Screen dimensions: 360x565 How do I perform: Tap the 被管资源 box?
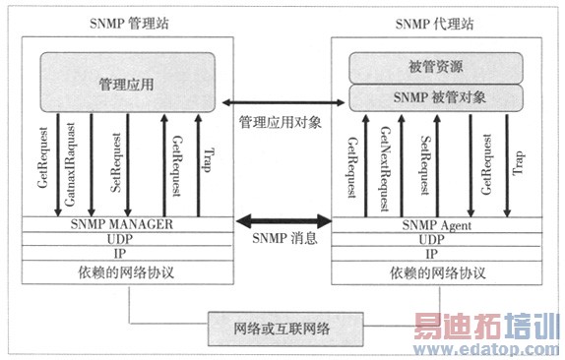pos(435,68)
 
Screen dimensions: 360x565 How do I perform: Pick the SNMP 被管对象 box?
pos(435,98)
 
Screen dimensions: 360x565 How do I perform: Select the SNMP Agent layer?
pos(434,225)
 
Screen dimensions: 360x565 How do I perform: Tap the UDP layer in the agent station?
pos(434,239)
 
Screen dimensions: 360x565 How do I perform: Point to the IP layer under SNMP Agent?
pos(434,253)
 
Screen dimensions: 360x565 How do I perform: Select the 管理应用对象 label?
pos(280,122)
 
